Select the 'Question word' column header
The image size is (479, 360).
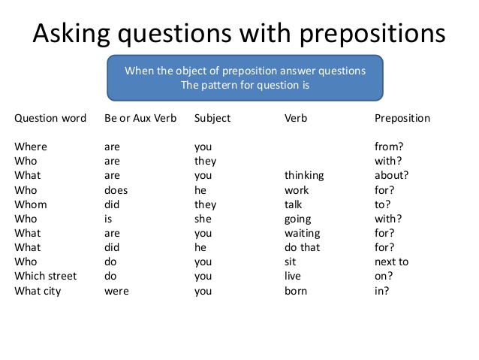(50, 118)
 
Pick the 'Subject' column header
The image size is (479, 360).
(212, 118)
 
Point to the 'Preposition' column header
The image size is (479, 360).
(402, 118)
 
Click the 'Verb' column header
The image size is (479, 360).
(296, 118)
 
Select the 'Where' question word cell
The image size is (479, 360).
(31, 147)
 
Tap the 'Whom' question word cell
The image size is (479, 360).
(31, 204)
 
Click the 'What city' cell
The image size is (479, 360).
(38, 291)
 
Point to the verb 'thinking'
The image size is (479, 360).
(304, 175)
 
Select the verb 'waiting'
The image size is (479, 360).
(302, 233)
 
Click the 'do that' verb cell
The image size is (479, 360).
(302, 247)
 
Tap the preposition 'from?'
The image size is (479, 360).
(388, 147)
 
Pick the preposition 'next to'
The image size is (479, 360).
(391, 262)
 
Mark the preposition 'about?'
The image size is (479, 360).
(391, 175)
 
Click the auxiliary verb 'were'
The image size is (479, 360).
(116, 291)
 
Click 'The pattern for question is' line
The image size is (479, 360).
(246, 85)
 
